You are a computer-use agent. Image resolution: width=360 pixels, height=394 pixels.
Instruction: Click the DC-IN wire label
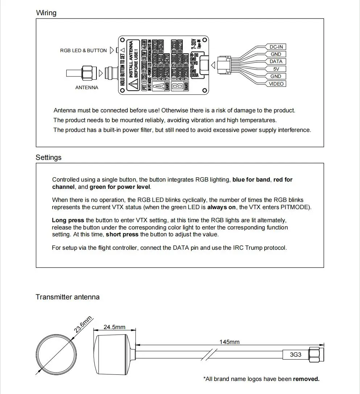(276, 47)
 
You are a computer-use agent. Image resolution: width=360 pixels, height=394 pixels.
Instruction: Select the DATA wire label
(276, 62)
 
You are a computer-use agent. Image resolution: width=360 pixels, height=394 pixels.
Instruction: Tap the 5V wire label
(276, 69)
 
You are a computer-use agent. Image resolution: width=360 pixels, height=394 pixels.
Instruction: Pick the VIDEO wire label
(276, 84)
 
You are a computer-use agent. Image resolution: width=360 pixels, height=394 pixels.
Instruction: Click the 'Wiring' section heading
(46, 13)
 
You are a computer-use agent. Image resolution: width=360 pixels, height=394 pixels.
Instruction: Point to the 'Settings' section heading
(49, 157)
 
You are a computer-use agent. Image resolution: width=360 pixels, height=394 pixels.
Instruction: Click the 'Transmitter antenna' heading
(67, 297)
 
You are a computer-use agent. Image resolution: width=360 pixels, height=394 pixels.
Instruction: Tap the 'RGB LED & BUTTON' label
(83, 50)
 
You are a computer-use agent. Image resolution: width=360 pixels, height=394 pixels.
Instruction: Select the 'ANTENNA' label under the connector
(87, 87)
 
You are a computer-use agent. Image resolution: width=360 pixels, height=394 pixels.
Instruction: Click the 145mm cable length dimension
(229, 341)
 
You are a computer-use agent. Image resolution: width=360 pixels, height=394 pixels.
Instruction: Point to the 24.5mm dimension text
(115, 327)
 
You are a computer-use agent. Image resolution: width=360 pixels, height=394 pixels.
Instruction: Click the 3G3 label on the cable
(295, 354)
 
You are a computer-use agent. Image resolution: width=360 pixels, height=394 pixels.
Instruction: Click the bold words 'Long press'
(68, 220)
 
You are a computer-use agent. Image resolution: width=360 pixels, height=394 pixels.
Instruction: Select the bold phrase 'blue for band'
(251, 179)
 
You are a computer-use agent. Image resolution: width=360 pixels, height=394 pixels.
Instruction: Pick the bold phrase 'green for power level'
(120, 187)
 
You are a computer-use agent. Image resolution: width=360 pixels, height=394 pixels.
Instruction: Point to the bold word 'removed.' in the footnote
(306, 379)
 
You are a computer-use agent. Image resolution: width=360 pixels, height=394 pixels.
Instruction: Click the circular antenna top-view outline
(57, 354)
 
